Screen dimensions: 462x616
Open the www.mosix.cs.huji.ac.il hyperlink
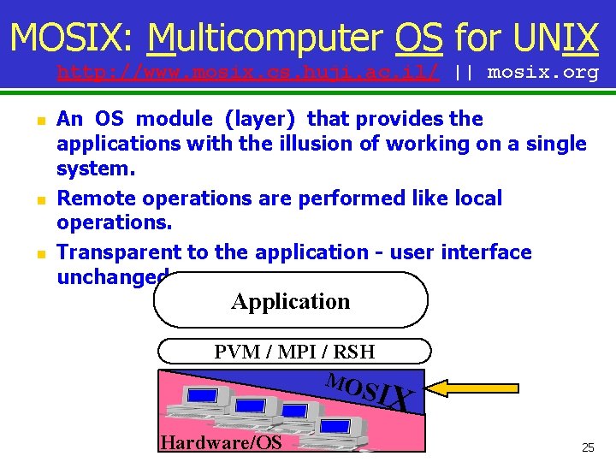click(248, 72)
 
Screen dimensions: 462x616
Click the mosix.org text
click(542, 72)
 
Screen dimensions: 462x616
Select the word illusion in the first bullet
click(313, 144)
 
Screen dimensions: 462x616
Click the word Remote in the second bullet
click(96, 198)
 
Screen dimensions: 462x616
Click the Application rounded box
click(290, 301)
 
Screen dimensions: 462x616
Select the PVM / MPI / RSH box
click(294, 351)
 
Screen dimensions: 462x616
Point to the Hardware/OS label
click(221, 441)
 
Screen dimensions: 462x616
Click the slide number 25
click(588, 447)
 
